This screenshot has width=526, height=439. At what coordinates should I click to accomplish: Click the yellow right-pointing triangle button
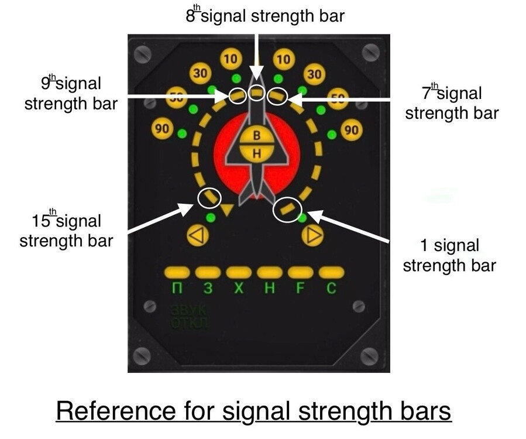tap(312, 236)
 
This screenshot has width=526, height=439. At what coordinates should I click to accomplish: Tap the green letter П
tap(177, 289)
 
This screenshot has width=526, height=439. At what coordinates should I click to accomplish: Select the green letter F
tap(300, 289)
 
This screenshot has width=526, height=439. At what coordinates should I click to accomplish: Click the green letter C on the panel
tap(331, 289)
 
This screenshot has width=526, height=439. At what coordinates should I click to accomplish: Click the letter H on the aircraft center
tap(256, 153)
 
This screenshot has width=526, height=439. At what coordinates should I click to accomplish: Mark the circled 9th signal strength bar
tap(237, 95)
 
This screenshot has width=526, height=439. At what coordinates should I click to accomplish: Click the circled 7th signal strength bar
tap(277, 95)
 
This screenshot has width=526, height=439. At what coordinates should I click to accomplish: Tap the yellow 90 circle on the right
tap(350, 130)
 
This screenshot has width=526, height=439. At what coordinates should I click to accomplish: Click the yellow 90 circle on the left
tap(162, 129)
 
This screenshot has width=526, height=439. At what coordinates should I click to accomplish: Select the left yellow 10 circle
tap(231, 59)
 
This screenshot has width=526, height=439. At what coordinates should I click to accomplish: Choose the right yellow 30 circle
tap(314, 74)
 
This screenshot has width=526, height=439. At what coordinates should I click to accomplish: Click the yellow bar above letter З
tap(208, 272)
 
